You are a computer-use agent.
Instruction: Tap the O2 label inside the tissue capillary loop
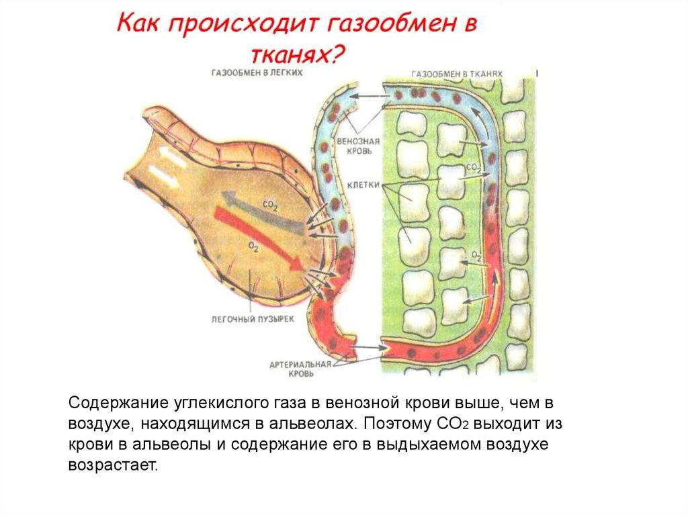[476, 254]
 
